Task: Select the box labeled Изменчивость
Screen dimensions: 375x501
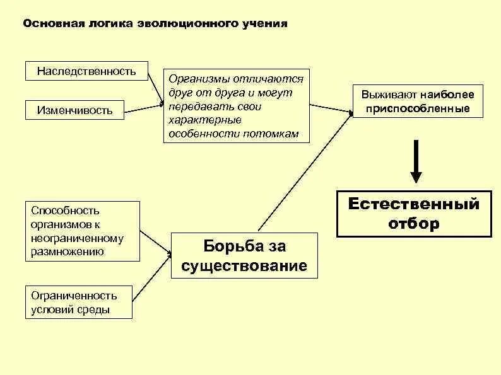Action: pyautogui.click(x=74, y=110)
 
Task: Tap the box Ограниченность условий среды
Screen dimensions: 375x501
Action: pyautogui.click(x=79, y=303)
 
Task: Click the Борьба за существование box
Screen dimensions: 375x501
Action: pyautogui.click(x=244, y=255)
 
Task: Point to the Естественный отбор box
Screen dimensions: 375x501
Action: pyautogui.click(x=414, y=214)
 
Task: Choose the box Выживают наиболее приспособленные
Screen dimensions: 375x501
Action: pyautogui.click(x=418, y=101)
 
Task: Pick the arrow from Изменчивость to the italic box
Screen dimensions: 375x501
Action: pyautogui.click(x=143, y=107)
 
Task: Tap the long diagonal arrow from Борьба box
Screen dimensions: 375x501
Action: pyautogui.click(x=303, y=170)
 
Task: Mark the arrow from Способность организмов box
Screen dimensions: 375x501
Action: pyautogui.click(x=155, y=243)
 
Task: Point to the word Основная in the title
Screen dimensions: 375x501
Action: pyautogui.click(x=47, y=24)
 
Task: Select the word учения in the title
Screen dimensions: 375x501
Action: pyautogui.click(x=264, y=24)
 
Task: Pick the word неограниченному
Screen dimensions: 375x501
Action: pyautogui.click(x=76, y=238)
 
